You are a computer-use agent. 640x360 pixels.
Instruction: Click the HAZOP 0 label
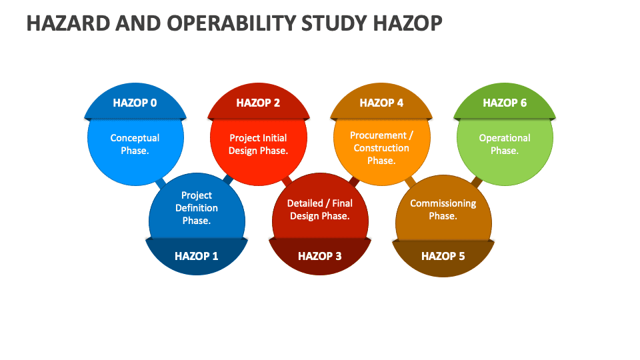coord(135,103)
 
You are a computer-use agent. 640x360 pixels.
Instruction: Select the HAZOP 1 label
coord(196,256)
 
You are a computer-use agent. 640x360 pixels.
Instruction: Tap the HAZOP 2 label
coord(258,103)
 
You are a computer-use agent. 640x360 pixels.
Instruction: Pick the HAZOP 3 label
coord(319,256)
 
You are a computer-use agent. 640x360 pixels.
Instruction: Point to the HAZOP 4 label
coord(381,103)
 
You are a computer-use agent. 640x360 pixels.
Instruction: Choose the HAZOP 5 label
coord(443,256)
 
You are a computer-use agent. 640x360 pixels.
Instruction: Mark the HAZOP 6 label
coord(505,103)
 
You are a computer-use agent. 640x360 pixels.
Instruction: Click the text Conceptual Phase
coord(135,144)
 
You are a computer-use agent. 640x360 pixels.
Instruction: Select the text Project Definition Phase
coord(197,208)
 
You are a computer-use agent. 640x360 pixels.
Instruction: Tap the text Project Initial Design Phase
coord(258,144)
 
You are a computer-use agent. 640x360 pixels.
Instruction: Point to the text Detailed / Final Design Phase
coord(320,209)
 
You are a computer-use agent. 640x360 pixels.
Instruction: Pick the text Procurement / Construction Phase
coord(381,147)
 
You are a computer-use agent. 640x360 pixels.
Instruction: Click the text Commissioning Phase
coord(443,209)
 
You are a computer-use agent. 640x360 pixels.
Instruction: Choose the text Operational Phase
coord(505,144)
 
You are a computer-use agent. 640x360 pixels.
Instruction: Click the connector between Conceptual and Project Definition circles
coord(160,181)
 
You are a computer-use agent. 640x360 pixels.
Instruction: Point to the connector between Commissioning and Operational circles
coord(477,181)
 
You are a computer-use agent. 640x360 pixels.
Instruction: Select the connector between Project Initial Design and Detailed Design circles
coord(287,181)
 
